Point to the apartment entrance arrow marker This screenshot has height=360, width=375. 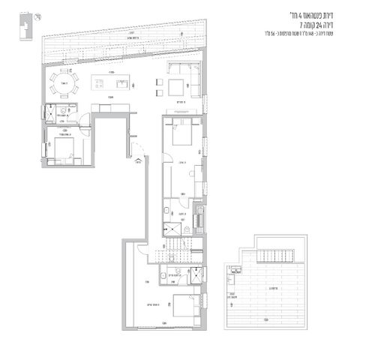(x=136, y=158)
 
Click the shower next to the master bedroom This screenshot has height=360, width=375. (x=194, y=274)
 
